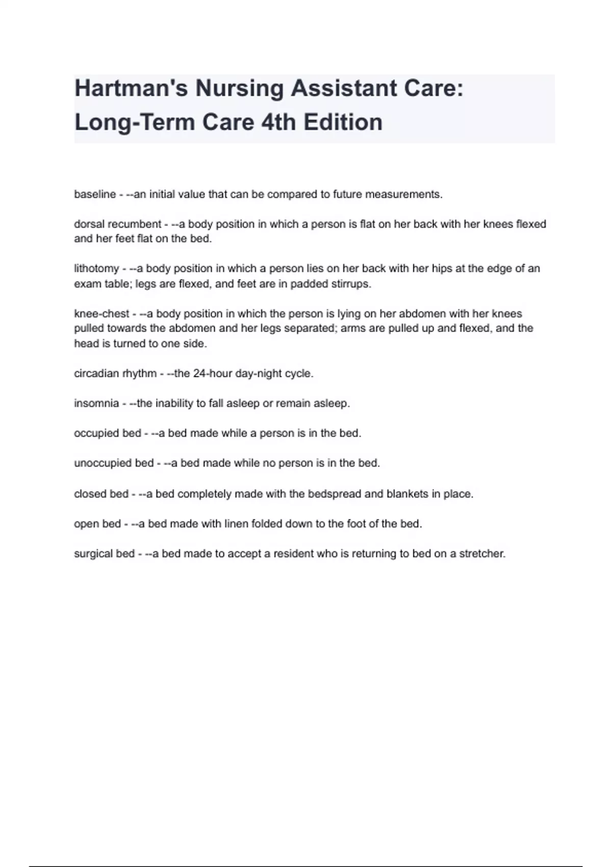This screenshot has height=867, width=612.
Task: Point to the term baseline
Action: tap(95, 194)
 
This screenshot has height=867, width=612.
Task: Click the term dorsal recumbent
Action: tap(117, 224)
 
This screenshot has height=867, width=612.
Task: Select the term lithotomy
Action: tap(96, 269)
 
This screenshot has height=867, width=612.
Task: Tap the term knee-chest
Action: tap(101, 314)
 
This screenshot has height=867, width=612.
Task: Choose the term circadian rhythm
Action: tap(115, 374)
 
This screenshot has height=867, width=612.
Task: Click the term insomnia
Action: tap(96, 403)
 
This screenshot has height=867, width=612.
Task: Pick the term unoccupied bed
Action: tap(114, 463)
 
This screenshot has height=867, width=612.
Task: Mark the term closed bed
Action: tap(101, 494)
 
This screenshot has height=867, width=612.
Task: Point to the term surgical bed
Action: tap(104, 554)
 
